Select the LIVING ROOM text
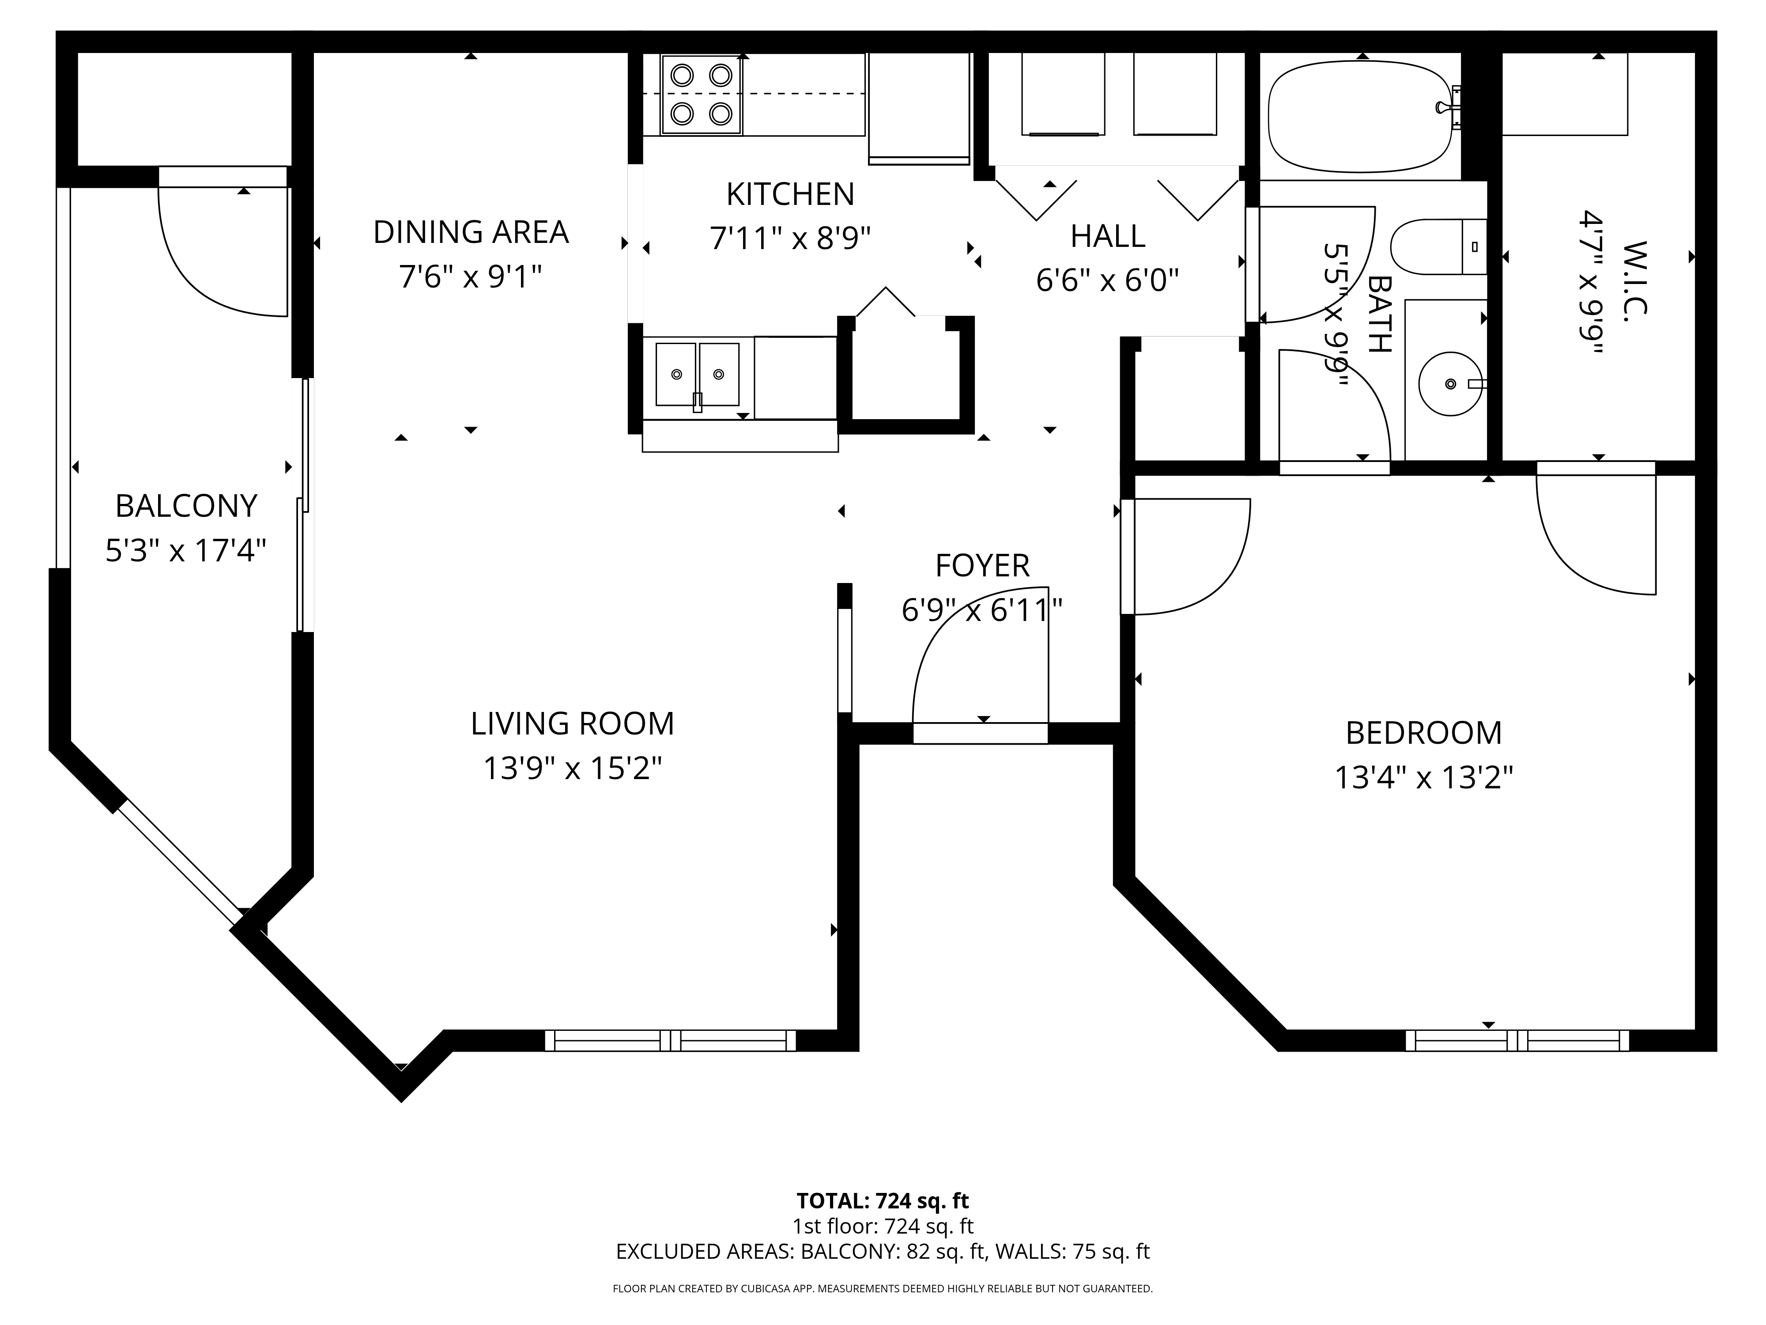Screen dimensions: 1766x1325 click(x=573, y=723)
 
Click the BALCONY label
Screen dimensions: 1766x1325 click(x=186, y=506)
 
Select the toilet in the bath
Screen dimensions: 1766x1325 click(x=1439, y=247)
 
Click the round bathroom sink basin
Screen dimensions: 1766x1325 click(x=1450, y=384)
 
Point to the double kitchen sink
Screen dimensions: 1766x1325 click(x=697, y=375)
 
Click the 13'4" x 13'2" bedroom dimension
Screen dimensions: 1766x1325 click(x=1423, y=777)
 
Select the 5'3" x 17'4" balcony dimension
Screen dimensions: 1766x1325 click(x=185, y=550)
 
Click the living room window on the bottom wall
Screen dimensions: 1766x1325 click(x=671, y=1041)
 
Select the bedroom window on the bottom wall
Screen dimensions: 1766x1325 click(x=1517, y=1041)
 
